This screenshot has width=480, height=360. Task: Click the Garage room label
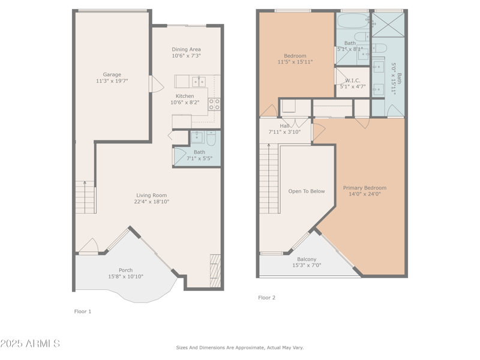pos(112,75)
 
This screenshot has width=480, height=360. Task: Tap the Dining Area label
pos(186,49)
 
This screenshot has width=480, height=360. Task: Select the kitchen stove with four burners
pos(214,104)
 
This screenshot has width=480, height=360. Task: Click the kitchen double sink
pos(199,81)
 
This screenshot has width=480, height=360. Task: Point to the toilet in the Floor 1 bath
pos(211,139)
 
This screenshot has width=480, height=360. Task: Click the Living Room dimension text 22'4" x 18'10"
pos(152,202)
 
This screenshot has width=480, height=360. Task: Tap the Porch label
pos(125,270)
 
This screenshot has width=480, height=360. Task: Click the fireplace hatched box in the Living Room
pos(215,270)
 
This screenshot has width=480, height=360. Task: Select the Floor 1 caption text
pos(83,311)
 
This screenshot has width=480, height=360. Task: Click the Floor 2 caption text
pos(266,298)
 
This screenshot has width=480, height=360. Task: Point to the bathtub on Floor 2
pos(353,22)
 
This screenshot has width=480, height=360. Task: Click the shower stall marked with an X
pos(389,24)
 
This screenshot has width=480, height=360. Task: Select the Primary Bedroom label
pos(365,188)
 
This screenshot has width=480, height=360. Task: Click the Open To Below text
pos(307,191)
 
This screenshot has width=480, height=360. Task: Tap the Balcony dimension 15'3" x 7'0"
pos(307,266)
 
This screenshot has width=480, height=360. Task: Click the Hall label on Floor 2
pos(284,126)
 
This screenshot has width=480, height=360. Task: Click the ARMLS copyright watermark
pos(30,344)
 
